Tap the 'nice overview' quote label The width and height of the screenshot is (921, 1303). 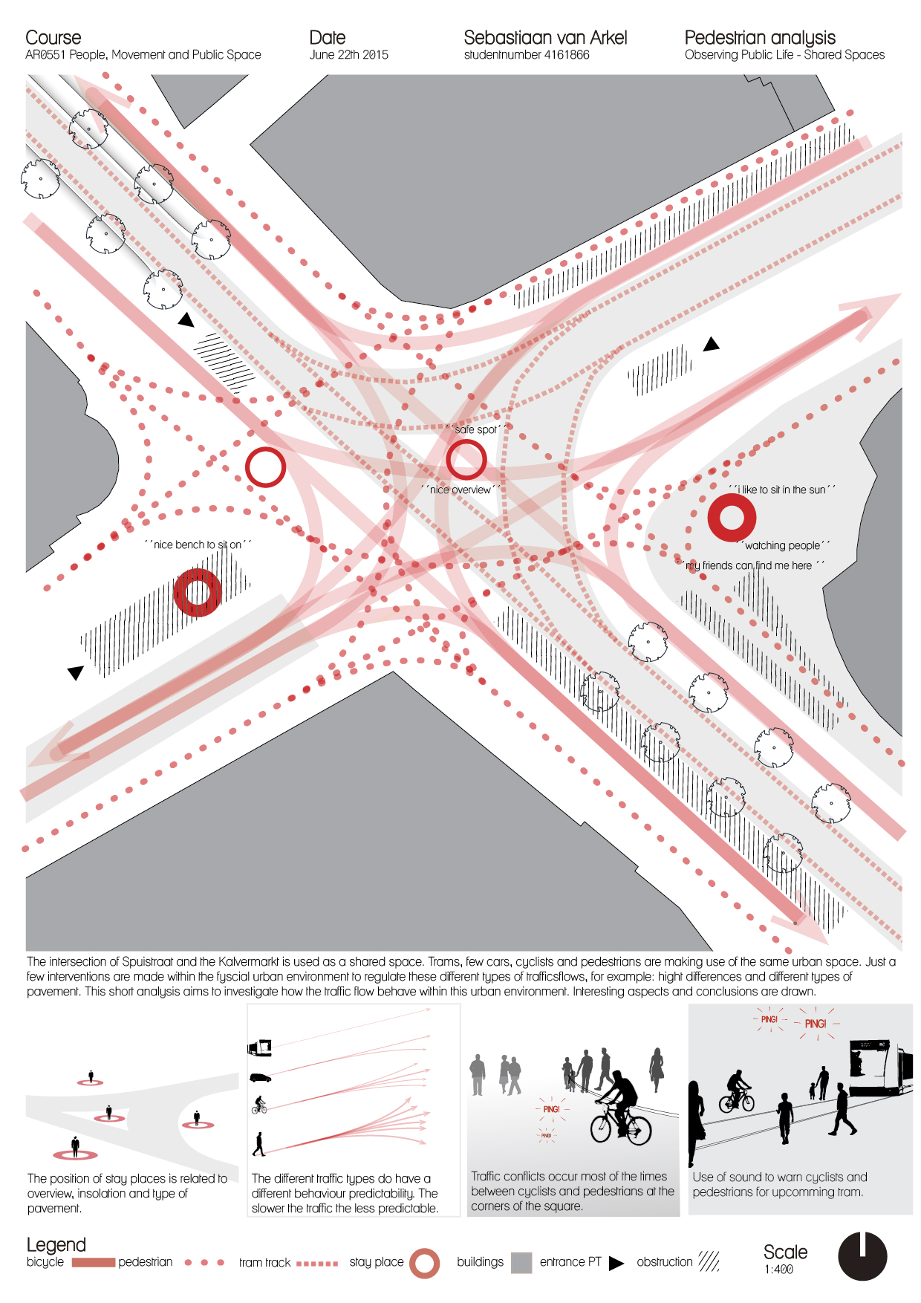tap(461, 490)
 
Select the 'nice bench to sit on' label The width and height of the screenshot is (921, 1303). tap(198, 545)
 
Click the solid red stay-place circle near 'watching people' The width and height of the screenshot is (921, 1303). tap(732, 517)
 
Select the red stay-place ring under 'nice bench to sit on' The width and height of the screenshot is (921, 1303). tap(198, 592)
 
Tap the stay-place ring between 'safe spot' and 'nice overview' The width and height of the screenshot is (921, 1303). tap(466, 459)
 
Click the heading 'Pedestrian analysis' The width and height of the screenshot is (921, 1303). tap(760, 38)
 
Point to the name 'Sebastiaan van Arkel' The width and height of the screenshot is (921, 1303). tap(545, 38)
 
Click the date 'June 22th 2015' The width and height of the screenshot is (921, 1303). tap(348, 55)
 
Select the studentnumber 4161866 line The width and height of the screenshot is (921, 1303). tap(527, 55)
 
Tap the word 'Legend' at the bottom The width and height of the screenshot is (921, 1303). tap(56, 1244)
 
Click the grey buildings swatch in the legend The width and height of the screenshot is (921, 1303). tap(521, 1262)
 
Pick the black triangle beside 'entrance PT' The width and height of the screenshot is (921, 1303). tap(616, 1263)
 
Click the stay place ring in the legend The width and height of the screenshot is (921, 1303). tap(425, 1263)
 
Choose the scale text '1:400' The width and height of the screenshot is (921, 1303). tap(778, 1270)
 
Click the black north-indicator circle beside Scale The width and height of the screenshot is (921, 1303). tap(862, 1256)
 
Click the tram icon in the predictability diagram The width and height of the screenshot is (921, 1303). tap(259, 1047)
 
